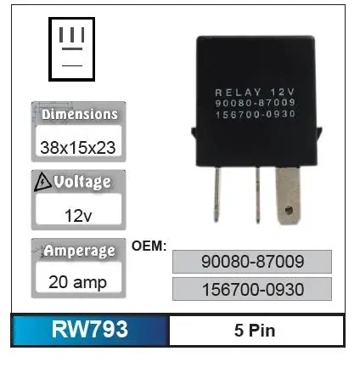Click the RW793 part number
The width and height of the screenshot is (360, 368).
coord(90,329)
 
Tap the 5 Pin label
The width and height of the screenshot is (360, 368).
coord(255,331)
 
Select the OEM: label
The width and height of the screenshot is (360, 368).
coord(149,246)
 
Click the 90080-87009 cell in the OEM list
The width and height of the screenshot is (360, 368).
coord(252,262)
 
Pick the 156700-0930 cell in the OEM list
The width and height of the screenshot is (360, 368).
coord(252,289)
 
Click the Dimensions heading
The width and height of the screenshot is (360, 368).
coord(80,115)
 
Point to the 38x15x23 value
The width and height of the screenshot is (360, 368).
coord(78,148)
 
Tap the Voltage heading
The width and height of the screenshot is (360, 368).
coord(82,182)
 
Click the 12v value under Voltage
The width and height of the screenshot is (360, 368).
coord(78,216)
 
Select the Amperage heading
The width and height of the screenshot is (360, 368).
coord(80,251)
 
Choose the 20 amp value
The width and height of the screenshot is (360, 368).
coord(77,282)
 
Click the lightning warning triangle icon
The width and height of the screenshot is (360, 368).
coord(42,182)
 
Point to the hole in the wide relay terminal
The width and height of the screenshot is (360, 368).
coord(289,211)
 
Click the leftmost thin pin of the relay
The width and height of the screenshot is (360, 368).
coord(217,194)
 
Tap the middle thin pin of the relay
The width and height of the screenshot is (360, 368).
coord(257,195)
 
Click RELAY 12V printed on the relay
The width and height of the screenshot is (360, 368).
coord(255,93)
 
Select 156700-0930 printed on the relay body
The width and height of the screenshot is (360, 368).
coord(256,115)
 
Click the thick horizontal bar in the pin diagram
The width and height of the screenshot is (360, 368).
coord(72,48)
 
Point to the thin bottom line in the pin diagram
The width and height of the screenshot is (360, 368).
coord(72,65)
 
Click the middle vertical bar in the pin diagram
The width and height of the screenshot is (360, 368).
coord(72,35)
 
